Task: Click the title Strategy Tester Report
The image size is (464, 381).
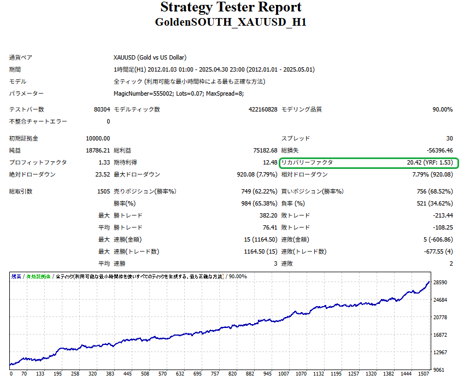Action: coord(231,8)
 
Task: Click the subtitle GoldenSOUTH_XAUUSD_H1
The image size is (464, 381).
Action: coord(231,23)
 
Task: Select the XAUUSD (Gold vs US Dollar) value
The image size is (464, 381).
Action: coord(149,57)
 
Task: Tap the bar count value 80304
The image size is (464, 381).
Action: coord(102,109)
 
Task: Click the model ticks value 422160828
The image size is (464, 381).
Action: coord(263,109)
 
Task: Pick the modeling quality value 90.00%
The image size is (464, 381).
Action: coord(442,109)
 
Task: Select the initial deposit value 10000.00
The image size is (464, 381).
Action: coord(98,138)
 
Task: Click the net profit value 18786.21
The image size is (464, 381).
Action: coord(98,150)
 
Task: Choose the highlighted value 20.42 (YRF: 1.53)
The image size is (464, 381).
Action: coord(429,162)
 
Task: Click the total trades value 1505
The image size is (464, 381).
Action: coord(103,191)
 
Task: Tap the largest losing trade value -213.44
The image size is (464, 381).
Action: coord(441,215)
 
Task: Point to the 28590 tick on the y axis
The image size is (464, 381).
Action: coord(440,283)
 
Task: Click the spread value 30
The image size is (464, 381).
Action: coord(449,138)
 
